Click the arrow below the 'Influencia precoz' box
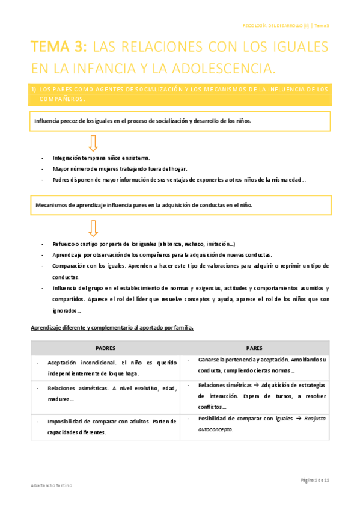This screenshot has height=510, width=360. (x=93, y=143)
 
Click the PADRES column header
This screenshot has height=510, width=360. (x=106, y=348)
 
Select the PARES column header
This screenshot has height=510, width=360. (x=255, y=348)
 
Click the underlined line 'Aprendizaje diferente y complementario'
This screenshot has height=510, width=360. (x=112, y=328)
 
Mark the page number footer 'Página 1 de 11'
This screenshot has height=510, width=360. (x=314, y=480)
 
